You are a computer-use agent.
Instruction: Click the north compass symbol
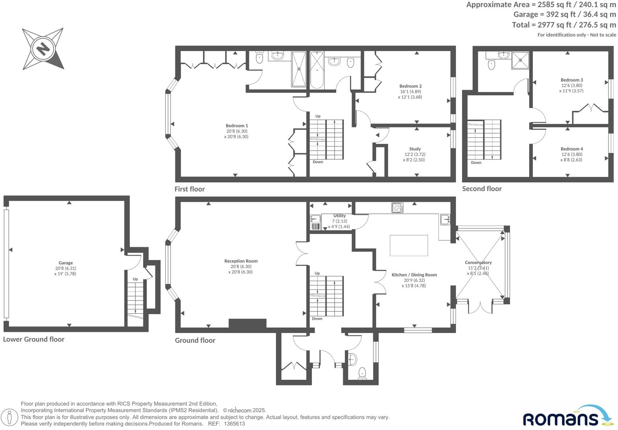(43, 49)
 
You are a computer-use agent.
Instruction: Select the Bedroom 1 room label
(237, 126)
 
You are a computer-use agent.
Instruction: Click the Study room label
(415, 149)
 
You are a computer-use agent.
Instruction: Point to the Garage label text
(66, 263)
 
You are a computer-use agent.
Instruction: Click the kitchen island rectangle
(409, 245)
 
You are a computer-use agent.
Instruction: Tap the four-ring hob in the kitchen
(397, 208)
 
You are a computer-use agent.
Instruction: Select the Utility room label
(339, 216)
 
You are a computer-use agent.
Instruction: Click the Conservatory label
(478, 262)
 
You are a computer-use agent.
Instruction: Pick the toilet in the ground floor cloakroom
(362, 373)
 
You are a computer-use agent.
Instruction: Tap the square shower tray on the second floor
(520, 61)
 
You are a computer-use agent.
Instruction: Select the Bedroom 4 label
(571, 149)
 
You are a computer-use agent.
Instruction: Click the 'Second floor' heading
(482, 189)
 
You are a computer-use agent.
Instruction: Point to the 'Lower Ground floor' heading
(34, 339)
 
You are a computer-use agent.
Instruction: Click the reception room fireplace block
(247, 323)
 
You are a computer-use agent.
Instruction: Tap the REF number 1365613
(235, 424)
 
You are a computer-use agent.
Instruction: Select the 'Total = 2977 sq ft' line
(563, 25)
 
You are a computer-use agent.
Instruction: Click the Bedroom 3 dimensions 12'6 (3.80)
(571, 85)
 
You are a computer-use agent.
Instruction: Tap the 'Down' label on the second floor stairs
(476, 162)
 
